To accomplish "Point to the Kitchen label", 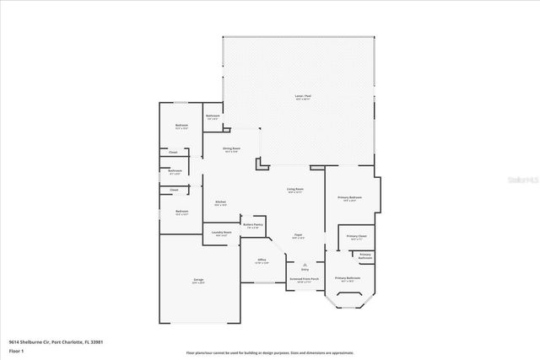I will pos(219,202).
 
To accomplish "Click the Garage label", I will pos(197,280).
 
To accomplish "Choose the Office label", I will pos(262,261).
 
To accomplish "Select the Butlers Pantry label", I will pos(252,225).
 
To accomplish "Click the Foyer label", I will pos(298,235).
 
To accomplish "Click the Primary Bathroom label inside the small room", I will pos(364,255).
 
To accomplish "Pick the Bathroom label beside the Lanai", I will pos(213,116).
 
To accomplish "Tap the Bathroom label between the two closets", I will pos(175,171).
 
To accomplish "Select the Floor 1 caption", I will pos(16,351).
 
